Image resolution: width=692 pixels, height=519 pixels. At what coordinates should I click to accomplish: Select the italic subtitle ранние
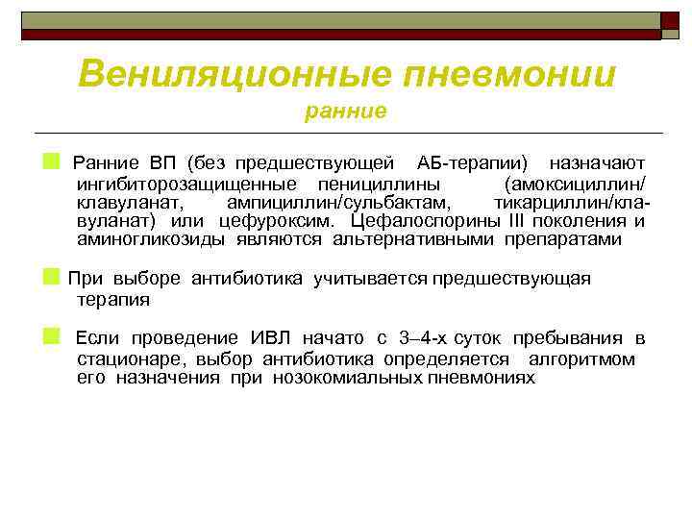click(345, 111)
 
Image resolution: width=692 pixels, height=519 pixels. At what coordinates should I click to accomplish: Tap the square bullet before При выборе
click(51, 277)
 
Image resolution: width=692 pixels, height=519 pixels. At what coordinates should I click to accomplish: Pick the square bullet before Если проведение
click(51, 336)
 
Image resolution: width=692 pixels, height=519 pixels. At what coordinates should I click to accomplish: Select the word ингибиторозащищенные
click(183, 183)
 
